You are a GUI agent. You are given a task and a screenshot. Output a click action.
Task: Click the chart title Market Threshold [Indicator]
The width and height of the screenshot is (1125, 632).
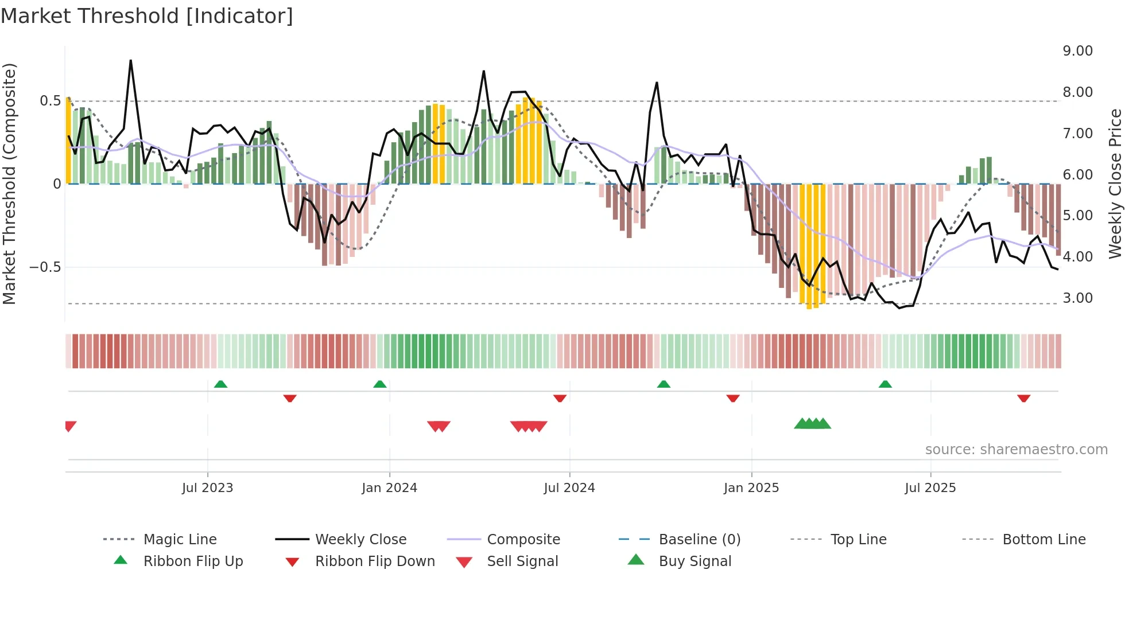(147, 16)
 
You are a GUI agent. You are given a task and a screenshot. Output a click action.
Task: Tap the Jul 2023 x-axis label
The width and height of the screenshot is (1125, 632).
(207, 488)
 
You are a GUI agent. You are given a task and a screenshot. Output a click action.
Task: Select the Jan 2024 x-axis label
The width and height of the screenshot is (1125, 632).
(389, 488)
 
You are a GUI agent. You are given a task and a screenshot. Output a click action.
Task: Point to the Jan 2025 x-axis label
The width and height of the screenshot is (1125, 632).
(751, 488)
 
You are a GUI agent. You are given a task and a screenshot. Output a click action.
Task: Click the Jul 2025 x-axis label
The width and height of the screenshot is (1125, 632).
(930, 488)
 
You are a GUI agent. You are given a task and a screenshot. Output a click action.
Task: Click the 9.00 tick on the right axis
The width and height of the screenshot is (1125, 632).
(1077, 51)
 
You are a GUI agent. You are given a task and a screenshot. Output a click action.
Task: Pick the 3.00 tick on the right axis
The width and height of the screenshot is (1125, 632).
(1077, 298)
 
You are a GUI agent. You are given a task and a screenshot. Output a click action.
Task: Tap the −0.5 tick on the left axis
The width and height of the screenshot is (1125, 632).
(45, 267)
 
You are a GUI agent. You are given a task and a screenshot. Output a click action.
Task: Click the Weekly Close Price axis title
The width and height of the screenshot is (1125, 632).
(1115, 184)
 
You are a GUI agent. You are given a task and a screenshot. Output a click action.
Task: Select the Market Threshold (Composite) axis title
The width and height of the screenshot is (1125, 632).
(9, 184)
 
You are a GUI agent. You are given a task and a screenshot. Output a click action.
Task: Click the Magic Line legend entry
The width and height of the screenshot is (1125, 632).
(180, 540)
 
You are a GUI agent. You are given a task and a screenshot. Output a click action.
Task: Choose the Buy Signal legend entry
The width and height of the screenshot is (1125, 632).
(695, 561)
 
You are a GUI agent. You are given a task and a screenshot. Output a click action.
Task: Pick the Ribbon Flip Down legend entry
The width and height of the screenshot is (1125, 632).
(375, 561)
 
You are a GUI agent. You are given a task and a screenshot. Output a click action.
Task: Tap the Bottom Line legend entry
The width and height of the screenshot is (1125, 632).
(1043, 540)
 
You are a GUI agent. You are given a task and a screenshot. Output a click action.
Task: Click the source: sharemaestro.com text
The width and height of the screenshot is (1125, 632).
(1016, 450)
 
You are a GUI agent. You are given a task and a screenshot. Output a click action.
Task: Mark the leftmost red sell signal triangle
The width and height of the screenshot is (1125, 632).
(69, 426)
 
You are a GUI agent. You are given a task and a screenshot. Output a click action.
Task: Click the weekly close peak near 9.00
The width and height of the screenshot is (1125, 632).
(131, 61)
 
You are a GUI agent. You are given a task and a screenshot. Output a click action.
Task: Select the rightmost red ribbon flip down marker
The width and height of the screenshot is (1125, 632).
(1023, 398)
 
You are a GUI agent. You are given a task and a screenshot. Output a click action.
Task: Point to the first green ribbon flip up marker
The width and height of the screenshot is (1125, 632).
(220, 384)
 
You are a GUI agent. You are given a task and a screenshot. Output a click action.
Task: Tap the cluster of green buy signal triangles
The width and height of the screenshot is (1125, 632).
(812, 424)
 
